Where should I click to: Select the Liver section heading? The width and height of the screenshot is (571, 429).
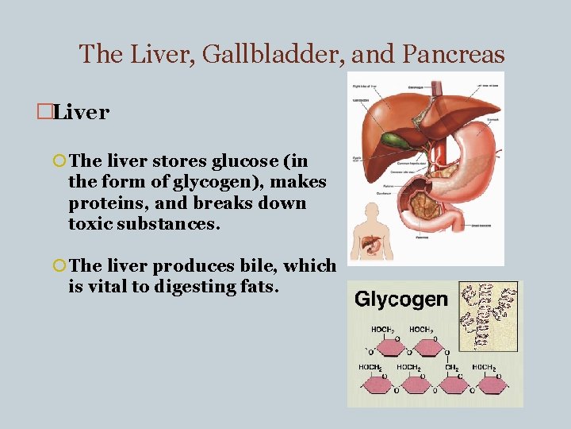[x=82, y=112]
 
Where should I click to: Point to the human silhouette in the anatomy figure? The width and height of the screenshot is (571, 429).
[x=370, y=231]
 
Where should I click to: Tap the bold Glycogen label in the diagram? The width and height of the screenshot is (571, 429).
[x=401, y=300]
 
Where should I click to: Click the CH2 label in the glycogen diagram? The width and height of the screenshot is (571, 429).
[x=452, y=367]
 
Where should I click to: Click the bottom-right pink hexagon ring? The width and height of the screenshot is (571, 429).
[x=492, y=385]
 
